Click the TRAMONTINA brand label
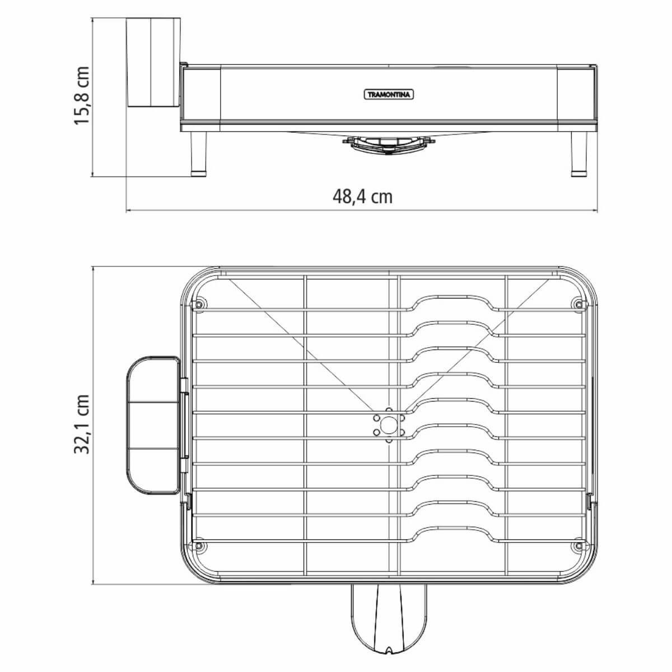point(389,95)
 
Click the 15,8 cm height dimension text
point(82,96)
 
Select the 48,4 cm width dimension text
point(362,196)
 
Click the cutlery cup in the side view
point(152,62)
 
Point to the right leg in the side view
point(579,153)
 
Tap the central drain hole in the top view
point(389,426)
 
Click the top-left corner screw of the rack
point(197,304)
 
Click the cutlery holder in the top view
point(152,426)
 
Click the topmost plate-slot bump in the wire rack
point(454,297)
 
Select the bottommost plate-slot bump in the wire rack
point(454,529)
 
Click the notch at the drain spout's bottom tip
point(389,665)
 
